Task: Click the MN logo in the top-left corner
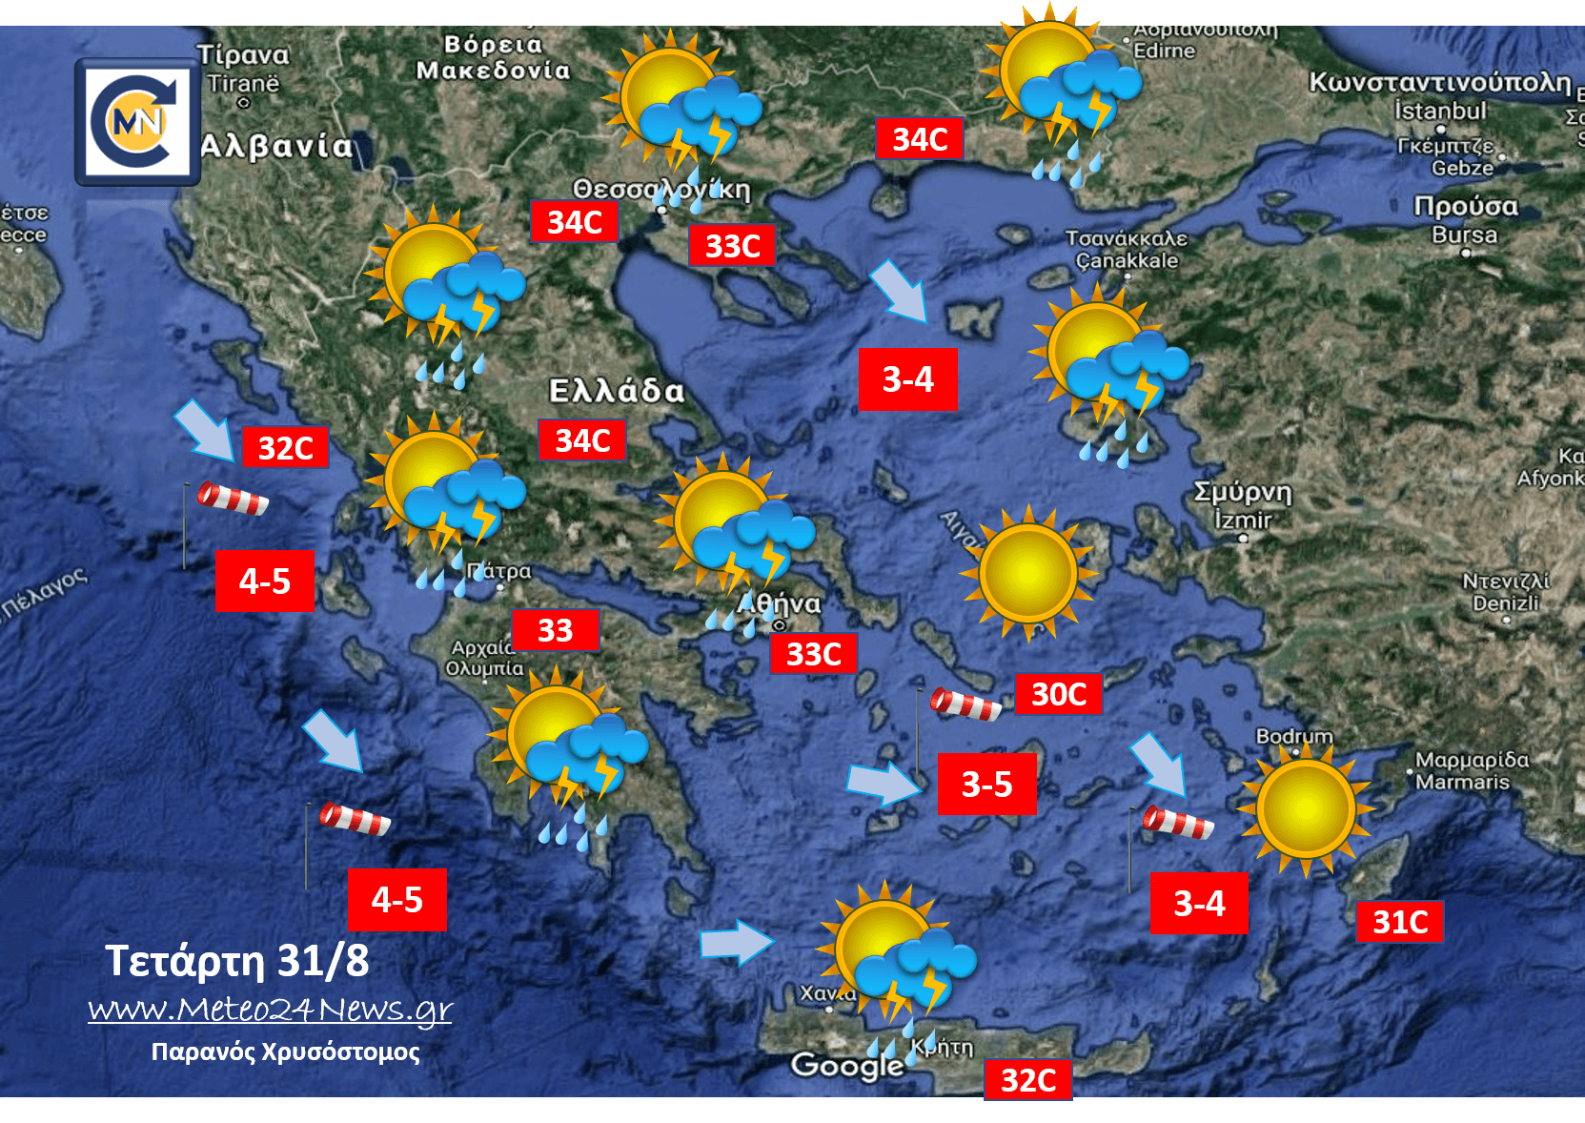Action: click(x=138, y=121)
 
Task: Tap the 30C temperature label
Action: click(x=1058, y=694)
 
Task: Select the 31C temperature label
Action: click(x=1399, y=922)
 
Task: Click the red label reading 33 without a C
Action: click(x=555, y=630)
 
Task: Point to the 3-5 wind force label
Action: click(x=986, y=785)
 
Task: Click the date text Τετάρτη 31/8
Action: click(x=236, y=960)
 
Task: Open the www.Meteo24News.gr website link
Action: click(x=270, y=1009)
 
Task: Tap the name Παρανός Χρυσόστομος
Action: click(x=285, y=1052)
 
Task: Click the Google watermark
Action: click(x=846, y=1065)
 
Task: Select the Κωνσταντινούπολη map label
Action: click(x=1439, y=83)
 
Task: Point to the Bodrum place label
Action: click(x=1293, y=736)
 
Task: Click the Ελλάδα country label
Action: click(x=617, y=391)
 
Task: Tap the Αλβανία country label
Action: click(x=276, y=146)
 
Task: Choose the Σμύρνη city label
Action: click(x=1243, y=492)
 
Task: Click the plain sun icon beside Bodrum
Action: click(x=1306, y=809)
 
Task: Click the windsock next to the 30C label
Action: click(x=965, y=704)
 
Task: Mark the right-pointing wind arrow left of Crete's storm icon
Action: click(x=736, y=943)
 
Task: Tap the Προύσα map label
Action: click(x=1465, y=206)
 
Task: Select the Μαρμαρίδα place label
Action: click(x=1472, y=760)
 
